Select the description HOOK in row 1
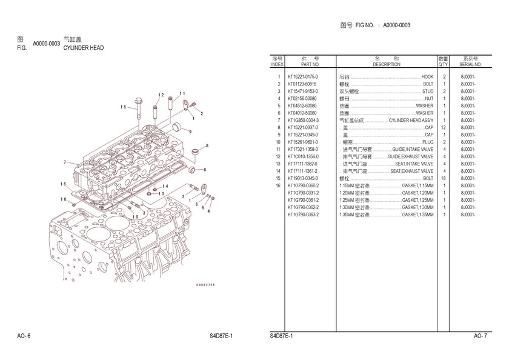coord(427,77)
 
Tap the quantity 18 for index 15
coord(444,179)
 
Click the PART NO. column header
coord(310,64)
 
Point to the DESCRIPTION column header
coord(386,64)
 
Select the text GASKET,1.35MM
coord(418,215)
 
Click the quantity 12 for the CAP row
coord(444,128)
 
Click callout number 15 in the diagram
coord(123,107)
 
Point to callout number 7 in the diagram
coord(65,162)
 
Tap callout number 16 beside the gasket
coord(63,184)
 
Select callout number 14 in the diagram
coord(165,186)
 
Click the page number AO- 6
coord(24,336)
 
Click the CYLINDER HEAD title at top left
coord(84,47)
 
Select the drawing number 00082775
coord(205,284)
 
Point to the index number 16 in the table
coord(278,185)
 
